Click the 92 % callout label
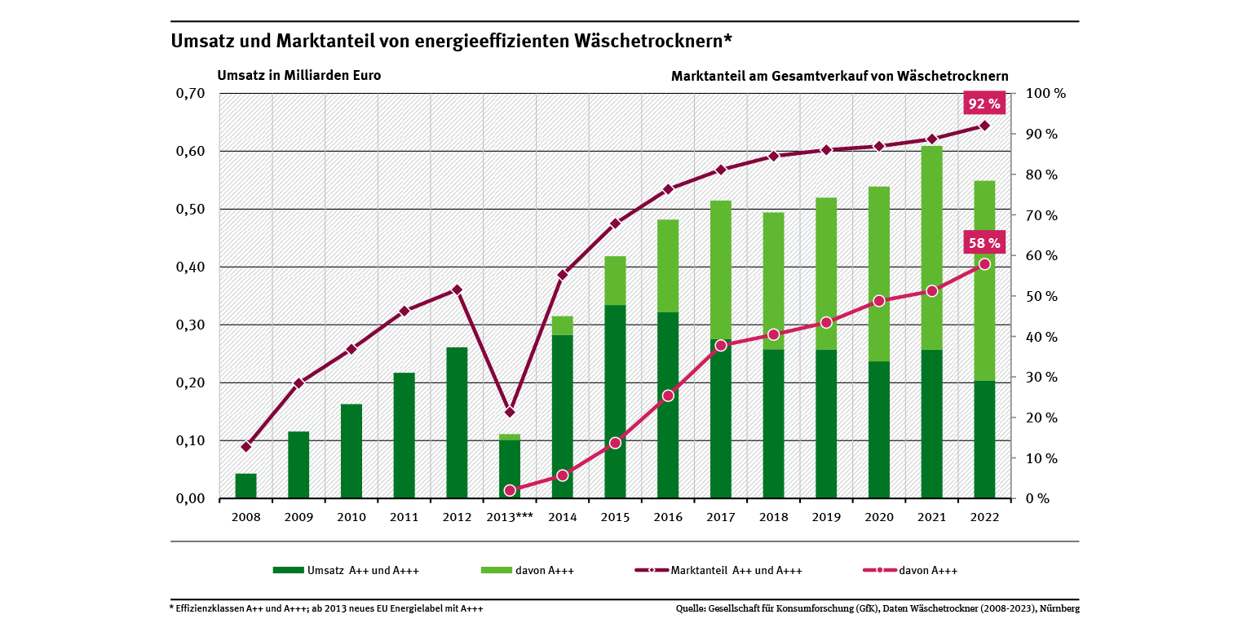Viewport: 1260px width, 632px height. click(x=984, y=104)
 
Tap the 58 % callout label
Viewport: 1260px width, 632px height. click(x=984, y=242)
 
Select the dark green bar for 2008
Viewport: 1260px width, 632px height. click(x=245, y=486)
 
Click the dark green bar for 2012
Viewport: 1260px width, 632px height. click(x=457, y=422)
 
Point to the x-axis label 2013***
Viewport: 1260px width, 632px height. click(x=509, y=517)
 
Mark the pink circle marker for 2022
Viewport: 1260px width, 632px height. click(x=984, y=264)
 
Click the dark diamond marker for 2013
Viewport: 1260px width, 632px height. click(x=510, y=412)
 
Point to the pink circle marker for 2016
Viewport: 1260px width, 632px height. click(x=668, y=396)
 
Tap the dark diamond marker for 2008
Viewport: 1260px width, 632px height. click(x=246, y=447)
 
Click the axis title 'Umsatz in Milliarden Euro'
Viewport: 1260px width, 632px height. click(x=298, y=75)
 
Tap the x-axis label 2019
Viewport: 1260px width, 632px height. click(x=825, y=517)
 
